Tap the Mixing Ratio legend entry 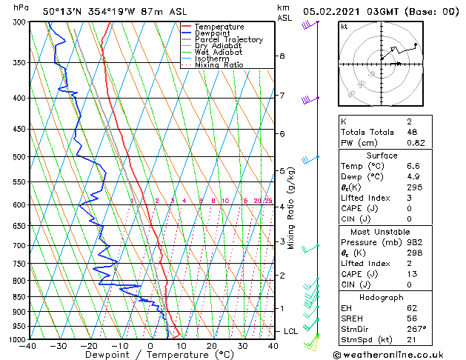coord(219,65)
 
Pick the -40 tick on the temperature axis coord(28,345)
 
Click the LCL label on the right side coord(290,331)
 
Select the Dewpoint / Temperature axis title coord(148,355)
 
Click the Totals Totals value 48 coord(412,132)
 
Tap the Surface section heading coord(382,156)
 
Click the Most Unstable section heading coord(382,232)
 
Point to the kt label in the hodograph coord(344,26)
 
